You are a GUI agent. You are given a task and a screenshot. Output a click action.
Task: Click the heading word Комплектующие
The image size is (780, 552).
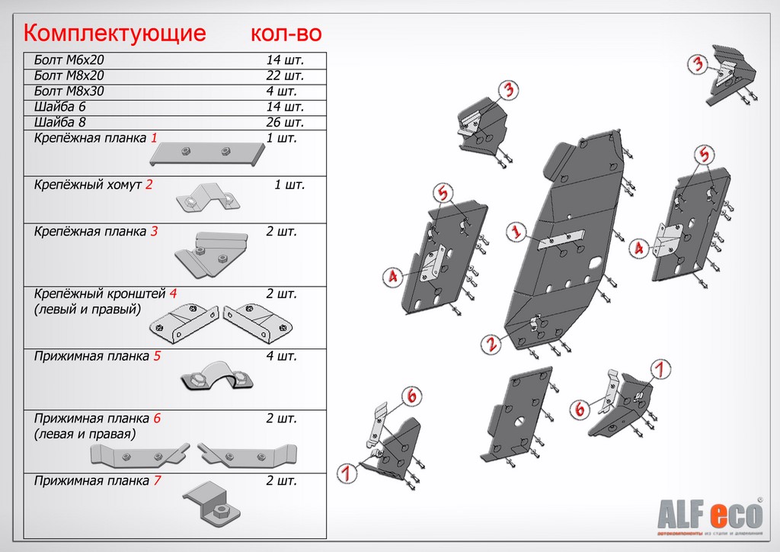115,34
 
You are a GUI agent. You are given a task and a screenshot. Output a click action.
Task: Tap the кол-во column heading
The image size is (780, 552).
286,34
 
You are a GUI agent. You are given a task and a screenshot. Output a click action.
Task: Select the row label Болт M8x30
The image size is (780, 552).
69,91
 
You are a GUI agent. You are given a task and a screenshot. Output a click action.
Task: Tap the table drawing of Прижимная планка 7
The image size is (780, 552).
212,503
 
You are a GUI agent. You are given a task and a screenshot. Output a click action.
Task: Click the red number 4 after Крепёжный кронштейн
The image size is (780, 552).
174,294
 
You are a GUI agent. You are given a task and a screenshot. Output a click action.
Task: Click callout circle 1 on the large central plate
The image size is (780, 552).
516,232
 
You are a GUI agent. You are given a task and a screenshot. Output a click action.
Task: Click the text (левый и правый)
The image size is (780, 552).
88,309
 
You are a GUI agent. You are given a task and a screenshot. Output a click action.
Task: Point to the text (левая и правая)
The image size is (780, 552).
85,434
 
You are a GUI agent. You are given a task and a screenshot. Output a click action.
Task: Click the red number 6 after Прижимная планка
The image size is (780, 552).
157,419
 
